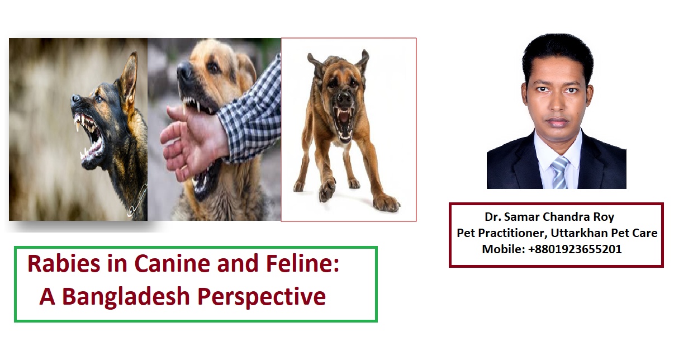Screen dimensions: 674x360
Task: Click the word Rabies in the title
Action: tap(64, 263)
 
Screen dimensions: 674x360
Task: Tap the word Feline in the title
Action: tap(302, 263)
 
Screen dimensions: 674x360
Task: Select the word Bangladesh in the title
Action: tap(126, 297)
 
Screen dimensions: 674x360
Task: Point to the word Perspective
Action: tap(262, 297)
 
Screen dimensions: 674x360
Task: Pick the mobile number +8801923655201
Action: tap(575, 249)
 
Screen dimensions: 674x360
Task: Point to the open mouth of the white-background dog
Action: tap(343, 122)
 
